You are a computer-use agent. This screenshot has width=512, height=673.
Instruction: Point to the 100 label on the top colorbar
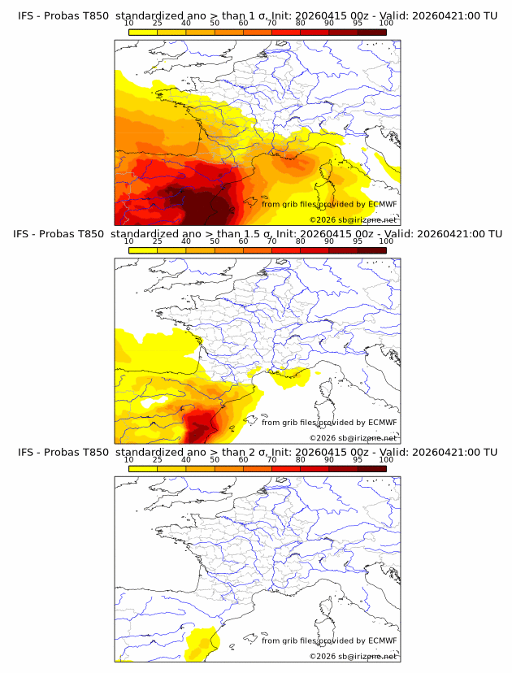386,24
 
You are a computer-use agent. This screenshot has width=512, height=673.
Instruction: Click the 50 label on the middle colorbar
215,241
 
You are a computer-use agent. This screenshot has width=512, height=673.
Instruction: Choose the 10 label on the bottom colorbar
129,459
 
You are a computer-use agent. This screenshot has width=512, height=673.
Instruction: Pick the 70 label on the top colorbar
271,24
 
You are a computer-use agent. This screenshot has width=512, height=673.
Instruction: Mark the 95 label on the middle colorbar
358,241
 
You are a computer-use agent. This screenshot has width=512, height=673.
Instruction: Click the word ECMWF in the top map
383,204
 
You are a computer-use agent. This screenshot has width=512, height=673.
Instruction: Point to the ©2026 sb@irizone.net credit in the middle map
353,438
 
